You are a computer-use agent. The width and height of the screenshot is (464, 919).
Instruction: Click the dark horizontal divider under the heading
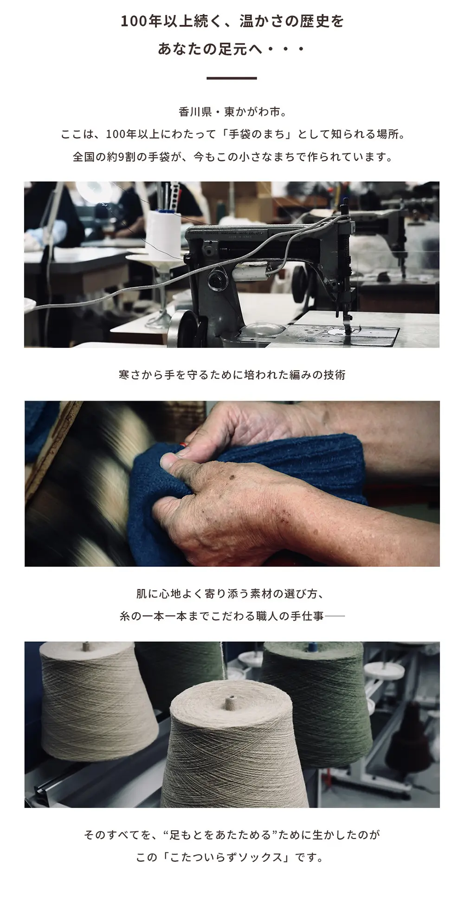pyautogui.click(x=232, y=78)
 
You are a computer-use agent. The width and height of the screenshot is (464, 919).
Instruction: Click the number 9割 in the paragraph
pyautogui.click(x=125, y=157)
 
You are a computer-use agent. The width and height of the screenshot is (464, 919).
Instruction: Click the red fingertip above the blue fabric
pyautogui.click(x=184, y=444)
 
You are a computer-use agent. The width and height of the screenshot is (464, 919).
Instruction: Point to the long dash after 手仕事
pyautogui.click(x=335, y=617)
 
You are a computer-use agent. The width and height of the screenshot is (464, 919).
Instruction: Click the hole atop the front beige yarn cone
pyautogui.click(x=230, y=699)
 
